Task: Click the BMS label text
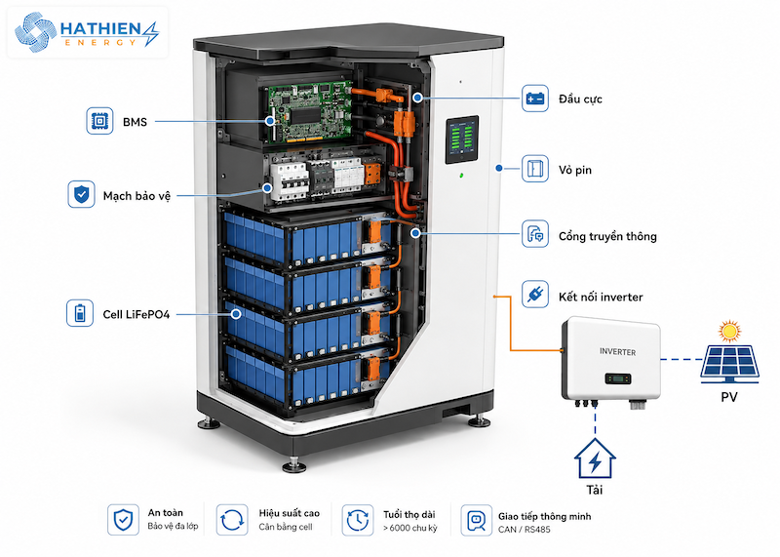(x=135, y=122)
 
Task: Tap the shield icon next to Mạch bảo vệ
(x=81, y=194)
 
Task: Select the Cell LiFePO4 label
(x=136, y=314)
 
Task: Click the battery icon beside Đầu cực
(x=535, y=99)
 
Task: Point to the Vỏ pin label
(x=575, y=171)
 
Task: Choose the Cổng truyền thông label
(x=607, y=236)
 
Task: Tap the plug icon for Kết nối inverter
(x=535, y=294)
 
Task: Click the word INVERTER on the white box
(x=617, y=352)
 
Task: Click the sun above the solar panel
(x=729, y=331)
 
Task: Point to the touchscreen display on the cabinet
(x=461, y=139)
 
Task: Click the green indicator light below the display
(x=461, y=176)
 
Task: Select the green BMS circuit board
(x=310, y=112)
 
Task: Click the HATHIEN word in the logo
(x=101, y=29)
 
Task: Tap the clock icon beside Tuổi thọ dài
(x=358, y=520)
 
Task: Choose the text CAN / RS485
(x=524, y=530)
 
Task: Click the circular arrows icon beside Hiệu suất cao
(x=232, y=520)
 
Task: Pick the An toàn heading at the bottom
(x=165, y=513)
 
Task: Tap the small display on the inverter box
(x=618, y=378)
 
